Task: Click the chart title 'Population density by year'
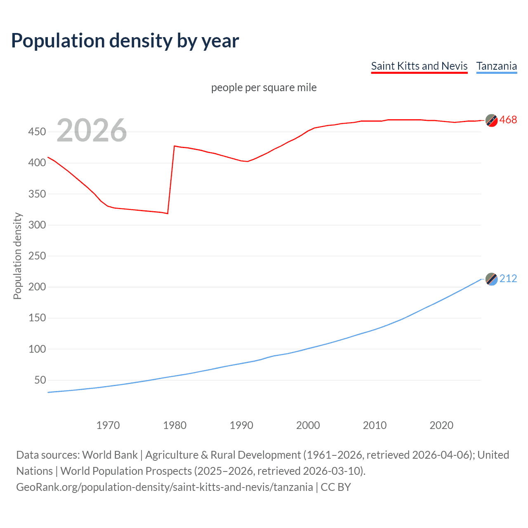pos(125,41)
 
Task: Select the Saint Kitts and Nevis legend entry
pos(419,66)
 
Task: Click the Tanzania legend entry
pos(496,66)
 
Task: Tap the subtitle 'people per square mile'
pos(264,87)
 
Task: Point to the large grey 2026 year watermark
pos(92,130)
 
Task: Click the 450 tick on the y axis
pos(37,132)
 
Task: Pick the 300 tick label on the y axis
pos(37,225)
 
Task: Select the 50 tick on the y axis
pos(40,380)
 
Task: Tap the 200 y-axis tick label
pos(37,287)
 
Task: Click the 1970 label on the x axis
pos(108,425)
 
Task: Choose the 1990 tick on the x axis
pos(241,425)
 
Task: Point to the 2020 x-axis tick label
pos(441,425)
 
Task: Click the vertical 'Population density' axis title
pos(17,256)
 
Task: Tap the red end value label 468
pos(508,120)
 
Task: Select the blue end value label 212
pos(508,279)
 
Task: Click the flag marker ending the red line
pos(491,120)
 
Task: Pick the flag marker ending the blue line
pos(491,279)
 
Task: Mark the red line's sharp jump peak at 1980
pos(174,146)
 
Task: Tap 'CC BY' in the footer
pos(335,487)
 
